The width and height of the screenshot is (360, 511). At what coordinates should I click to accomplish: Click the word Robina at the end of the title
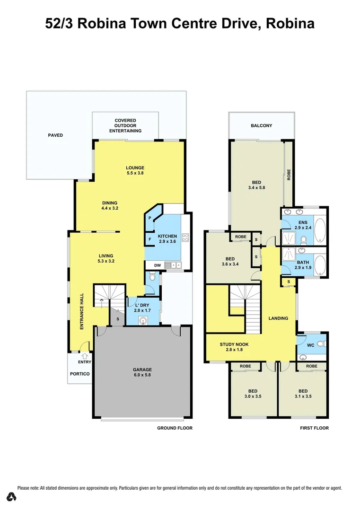click(290, 24)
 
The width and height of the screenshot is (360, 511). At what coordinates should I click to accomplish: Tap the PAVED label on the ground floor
click(55, 135)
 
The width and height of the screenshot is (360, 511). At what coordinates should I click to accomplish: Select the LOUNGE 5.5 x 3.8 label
click(135, 170)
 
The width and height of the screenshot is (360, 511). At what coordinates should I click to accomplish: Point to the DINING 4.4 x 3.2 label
click(109, 205)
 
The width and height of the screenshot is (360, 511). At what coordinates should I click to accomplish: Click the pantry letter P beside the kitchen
click(150, 218)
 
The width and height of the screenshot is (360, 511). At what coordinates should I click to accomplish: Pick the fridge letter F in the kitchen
click(150, 239)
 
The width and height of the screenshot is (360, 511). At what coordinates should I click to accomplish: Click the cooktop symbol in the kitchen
click(185, 239)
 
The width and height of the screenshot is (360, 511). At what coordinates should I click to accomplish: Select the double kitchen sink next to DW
click(176, 265)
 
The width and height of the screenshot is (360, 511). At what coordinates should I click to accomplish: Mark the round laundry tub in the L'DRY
click(143, 320)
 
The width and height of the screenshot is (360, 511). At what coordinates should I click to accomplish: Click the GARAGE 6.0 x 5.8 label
click(142, 372)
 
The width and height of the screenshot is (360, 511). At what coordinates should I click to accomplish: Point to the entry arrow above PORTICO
click(85, 355)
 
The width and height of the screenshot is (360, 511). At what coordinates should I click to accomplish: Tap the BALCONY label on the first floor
click(261, 125)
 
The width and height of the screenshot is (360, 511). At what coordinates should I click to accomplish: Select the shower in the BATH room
click(289, 254)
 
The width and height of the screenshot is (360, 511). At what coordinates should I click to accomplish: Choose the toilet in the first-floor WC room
click(320, 344)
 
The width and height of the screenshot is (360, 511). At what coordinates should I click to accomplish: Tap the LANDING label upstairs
click(278, 318)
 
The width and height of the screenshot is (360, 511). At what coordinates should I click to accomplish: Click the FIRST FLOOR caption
click(314, 428)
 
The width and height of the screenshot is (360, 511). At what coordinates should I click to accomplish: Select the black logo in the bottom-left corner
click(12, 497)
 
